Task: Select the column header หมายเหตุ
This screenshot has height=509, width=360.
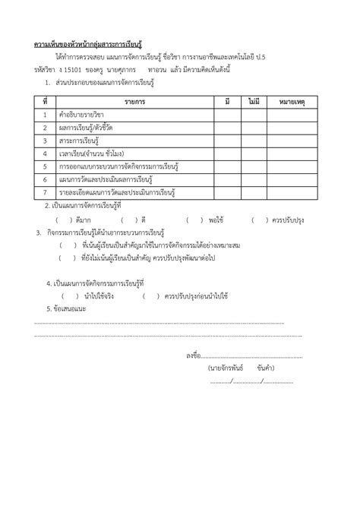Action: (292, 100)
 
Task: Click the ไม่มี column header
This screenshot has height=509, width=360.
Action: (254, 100)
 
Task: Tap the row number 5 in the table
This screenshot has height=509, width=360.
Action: (46, 166)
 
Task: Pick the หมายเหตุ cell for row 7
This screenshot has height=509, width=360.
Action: (292, 193)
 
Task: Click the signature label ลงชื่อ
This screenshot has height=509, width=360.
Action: (192, 356)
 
